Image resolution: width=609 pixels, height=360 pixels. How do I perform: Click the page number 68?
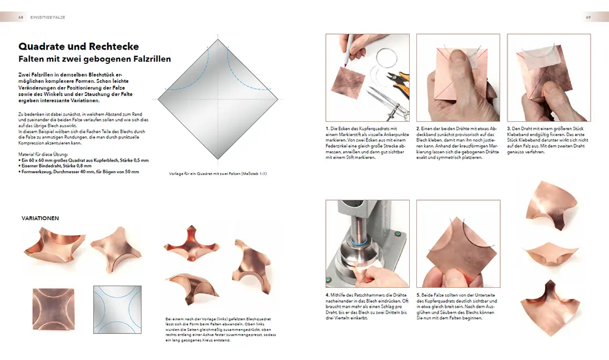pyautogui.click(x=21, y=17)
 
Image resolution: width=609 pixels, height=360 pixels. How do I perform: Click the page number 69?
pyautogui.click(x=588, y=17)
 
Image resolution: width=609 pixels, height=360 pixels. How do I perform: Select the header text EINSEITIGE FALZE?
pyautogui.click(x=48, y=17)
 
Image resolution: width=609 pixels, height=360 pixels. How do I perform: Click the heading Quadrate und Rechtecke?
pyautogui.click(x=78, y=47)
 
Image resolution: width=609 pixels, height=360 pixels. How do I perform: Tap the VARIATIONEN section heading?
pyautogui.click(x=40, y=218)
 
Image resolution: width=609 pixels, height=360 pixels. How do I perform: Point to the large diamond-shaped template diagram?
pyautogui.click(x=221, y=100)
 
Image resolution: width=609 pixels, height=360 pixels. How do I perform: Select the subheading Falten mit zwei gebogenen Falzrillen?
pyautogui.click(x=94, y=59)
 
